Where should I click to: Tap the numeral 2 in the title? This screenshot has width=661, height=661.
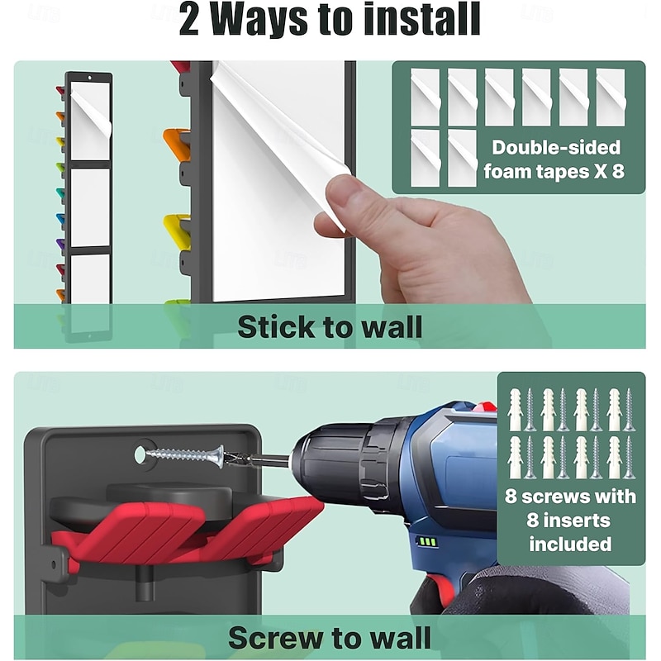tap(188, 20)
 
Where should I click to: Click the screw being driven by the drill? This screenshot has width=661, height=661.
tap(184, 455)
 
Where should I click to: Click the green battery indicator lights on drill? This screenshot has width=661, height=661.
tap(426, 541)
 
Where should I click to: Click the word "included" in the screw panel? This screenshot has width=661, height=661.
tap(570, 544)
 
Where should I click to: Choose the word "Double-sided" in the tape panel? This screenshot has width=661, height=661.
tap(556, 148)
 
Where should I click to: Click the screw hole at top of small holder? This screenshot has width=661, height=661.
tap(89, 78)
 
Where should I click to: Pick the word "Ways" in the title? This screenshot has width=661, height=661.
tap(259, 20)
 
